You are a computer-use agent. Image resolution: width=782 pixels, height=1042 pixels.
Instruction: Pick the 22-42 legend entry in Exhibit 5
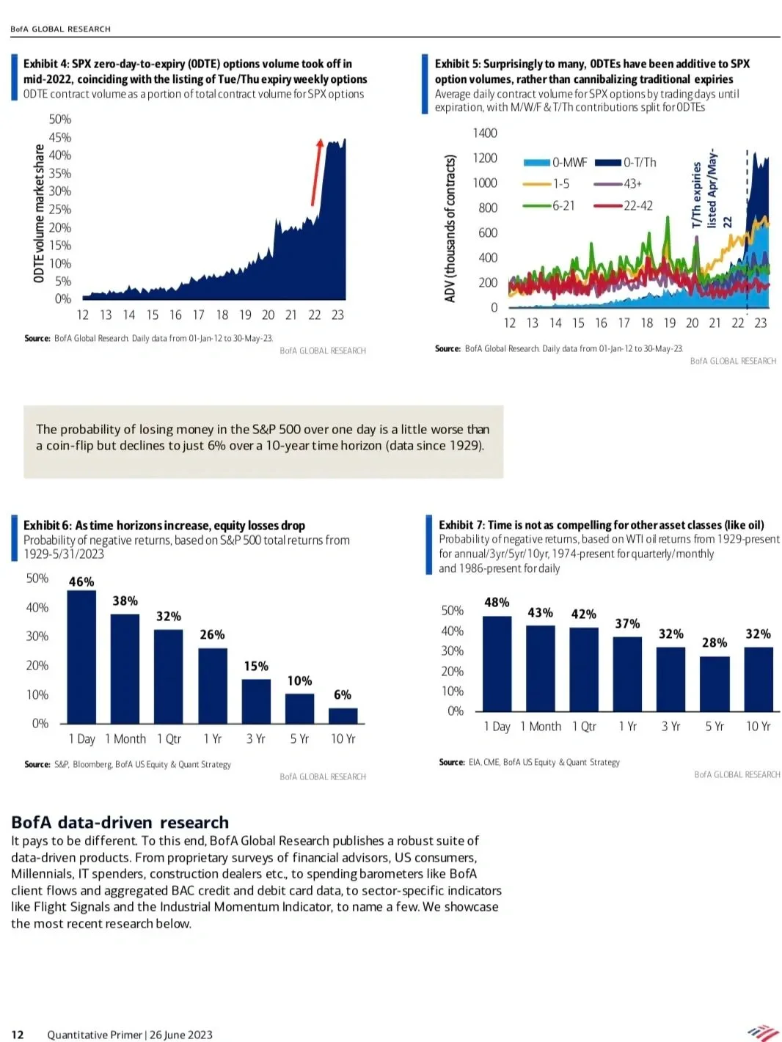623,205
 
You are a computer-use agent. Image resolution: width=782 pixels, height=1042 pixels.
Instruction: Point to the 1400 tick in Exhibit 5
484,133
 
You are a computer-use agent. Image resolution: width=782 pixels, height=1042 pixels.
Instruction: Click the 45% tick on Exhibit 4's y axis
60,137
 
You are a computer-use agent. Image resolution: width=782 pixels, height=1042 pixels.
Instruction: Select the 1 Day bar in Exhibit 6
81,656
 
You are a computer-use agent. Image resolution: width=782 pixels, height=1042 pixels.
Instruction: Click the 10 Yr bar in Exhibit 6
343,716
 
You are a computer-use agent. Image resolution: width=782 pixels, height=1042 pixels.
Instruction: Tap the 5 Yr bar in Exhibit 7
715,683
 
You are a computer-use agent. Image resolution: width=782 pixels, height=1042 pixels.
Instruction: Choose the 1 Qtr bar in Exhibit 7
584,669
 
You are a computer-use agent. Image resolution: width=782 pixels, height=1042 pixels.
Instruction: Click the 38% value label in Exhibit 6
125,601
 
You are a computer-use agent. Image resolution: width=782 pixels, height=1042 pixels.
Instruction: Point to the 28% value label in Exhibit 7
715,642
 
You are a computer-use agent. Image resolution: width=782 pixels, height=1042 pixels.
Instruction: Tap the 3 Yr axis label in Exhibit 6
255,738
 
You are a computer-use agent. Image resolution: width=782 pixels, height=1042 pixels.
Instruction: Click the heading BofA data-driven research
120,822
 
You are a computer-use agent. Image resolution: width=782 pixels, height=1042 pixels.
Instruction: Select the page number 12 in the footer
18,1034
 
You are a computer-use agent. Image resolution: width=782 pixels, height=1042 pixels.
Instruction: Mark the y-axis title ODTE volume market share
40,213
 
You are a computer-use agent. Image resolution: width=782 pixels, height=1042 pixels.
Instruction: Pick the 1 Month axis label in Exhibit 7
541,726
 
